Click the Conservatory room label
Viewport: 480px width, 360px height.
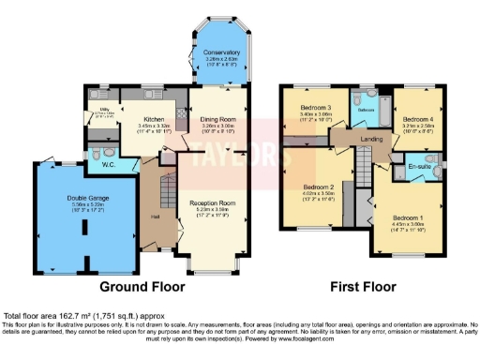point(221,52)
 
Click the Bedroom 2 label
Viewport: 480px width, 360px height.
point(320,187)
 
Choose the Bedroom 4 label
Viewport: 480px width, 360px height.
point(416,120)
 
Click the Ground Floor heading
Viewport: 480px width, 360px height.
point(139,286)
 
